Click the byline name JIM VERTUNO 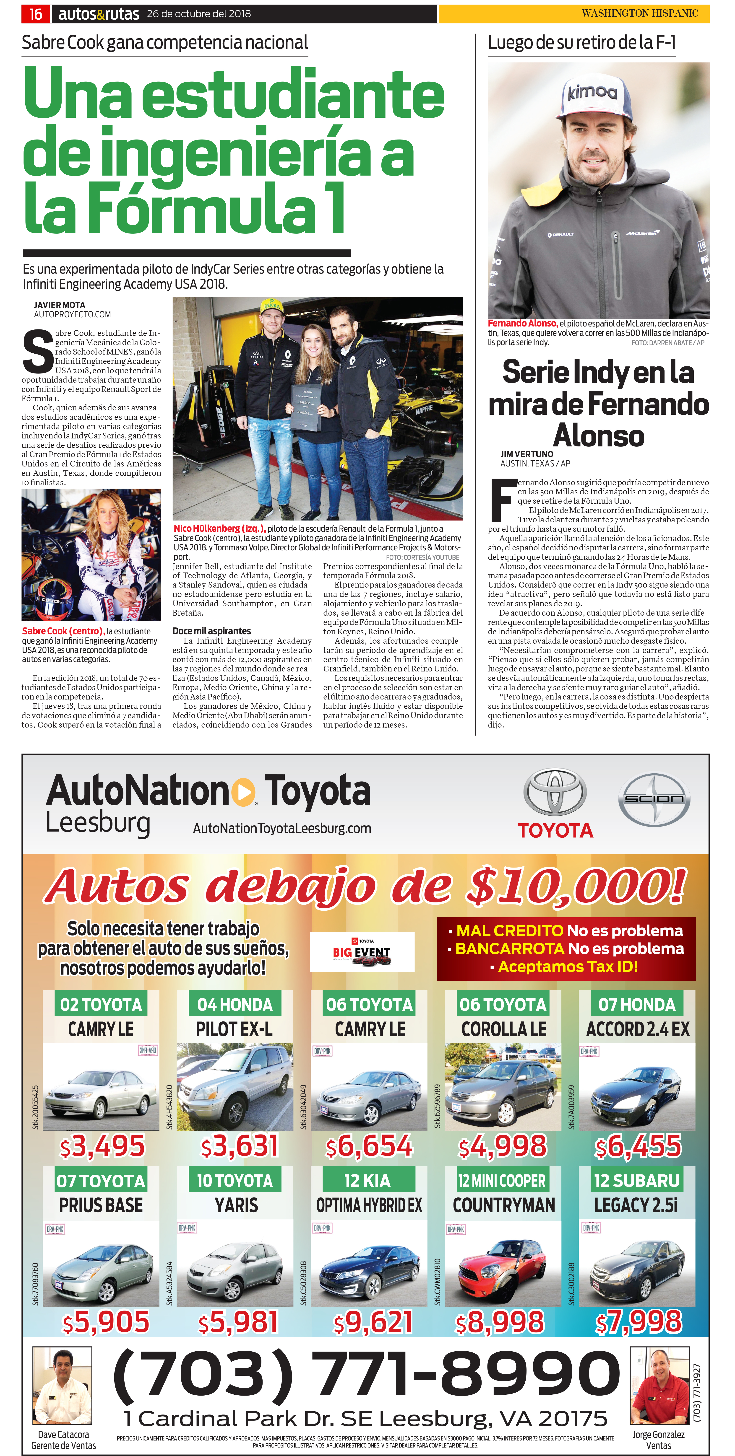(x=526, y=454)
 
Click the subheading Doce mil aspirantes (x=211, y=631)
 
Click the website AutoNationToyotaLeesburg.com (x=282, y=829)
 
